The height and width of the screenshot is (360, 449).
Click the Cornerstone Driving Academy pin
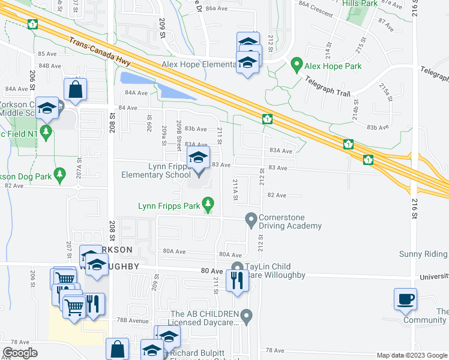click(251, 220)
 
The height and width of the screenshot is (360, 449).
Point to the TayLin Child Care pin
click(237, 268)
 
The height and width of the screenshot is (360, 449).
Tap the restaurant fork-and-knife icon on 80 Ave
click(238, 280)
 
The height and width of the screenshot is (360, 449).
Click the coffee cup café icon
click(405, 299)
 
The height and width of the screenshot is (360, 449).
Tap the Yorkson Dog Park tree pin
click(59, 175)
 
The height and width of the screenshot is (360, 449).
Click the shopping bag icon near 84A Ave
click(75, 90)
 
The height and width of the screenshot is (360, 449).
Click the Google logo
click(20, 353)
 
